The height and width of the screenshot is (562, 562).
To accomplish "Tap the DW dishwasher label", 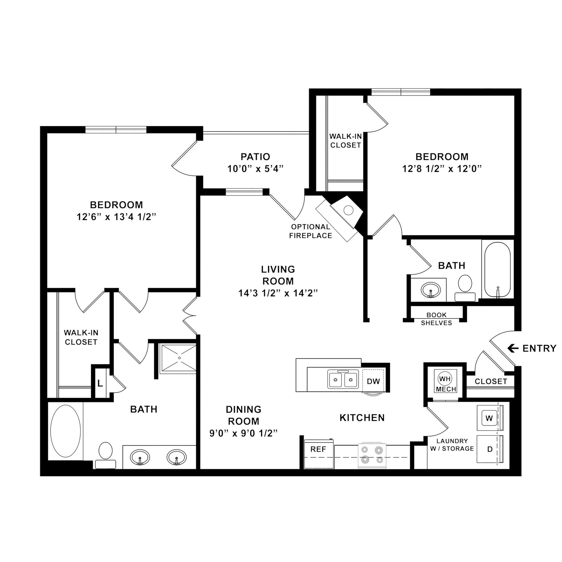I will pyautogui.click(x=373, y=381).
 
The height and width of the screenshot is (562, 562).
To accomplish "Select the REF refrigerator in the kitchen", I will pyautogui.click(x=318, y=449).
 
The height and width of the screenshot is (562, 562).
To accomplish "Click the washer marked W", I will pyautogui.click(x=489, y=418).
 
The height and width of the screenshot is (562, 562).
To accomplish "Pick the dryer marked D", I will pyautogui.click(x=490, y=449).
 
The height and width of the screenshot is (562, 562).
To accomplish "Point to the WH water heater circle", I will pyautogui.click(x=445, y=379).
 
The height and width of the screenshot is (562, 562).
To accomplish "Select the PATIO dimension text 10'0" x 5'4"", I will pyautogui.click(x=255, y=169).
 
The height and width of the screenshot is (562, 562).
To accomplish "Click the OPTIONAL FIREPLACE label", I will pyautogui.click(x=310, y=231).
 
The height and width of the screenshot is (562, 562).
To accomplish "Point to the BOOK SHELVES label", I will pyautogui.click(x=436, y=319).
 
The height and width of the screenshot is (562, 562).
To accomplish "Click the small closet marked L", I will pyautogui.click(x=100, y=384).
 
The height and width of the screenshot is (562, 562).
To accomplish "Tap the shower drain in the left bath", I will pyautogui.click(x=179, y=358).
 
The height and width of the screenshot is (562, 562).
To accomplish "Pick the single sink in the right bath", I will pyautogui.click(x=431, y=290).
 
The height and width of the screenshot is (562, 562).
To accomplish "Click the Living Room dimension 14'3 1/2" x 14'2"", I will pyautogui.click(x=278, y=293).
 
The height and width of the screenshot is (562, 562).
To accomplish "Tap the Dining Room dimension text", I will pyautogui.click(x=243, y=433).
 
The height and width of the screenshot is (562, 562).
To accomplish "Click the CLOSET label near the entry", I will pyautogui.click(x=491, y=381).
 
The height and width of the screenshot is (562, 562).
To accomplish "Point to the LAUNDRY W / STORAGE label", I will pyautogui.click(x=452, y=445).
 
